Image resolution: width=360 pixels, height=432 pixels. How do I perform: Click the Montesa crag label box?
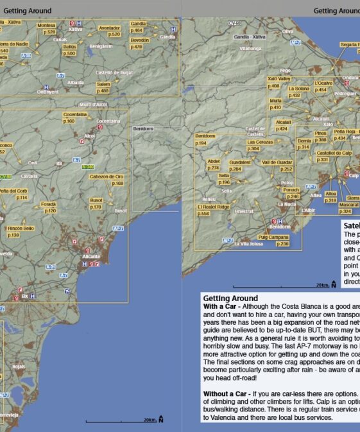(47, 28)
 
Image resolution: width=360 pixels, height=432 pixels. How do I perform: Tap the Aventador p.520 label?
(110, 31)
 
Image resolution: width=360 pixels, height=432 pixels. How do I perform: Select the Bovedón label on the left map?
(139, 43)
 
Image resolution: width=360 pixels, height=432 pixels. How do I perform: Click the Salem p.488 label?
(103, 87)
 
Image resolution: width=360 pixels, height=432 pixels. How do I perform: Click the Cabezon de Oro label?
(107, 180)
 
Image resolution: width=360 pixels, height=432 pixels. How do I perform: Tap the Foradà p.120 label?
(49, 207)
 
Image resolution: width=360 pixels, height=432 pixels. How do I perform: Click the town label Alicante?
(91, 257)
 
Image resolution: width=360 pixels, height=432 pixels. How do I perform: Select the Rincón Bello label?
(21, 231)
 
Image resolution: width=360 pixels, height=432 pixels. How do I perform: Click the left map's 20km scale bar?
(122, 420)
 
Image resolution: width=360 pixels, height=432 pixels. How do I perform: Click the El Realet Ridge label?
(213, 210)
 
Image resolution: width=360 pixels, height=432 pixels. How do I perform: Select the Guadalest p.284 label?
(239, 166)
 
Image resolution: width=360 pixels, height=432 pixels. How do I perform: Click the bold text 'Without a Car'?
(227, 392)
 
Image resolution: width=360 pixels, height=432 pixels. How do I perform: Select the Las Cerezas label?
(260, 145)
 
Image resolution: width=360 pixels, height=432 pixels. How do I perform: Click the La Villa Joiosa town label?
(249, 244)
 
